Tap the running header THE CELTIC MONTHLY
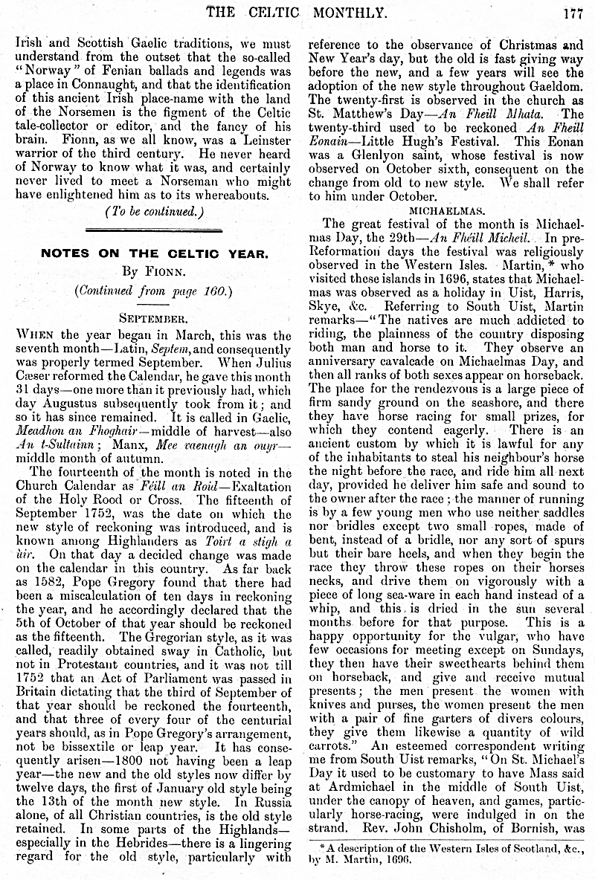296,11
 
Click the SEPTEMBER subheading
152,318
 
